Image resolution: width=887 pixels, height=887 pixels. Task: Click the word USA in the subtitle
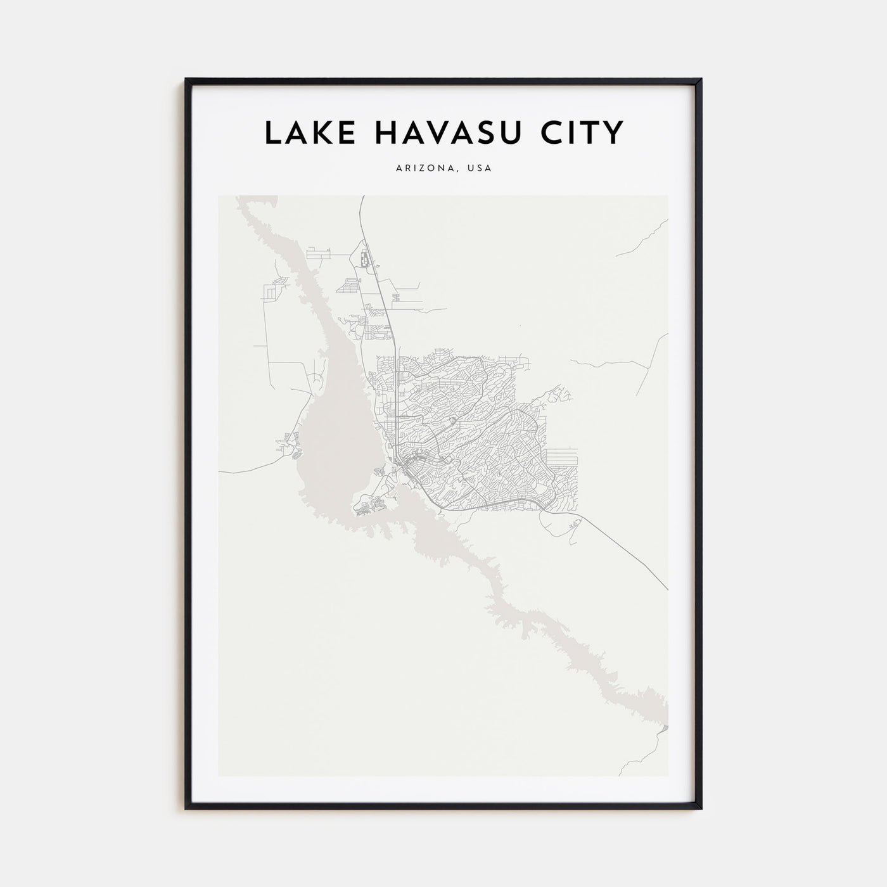coord(480,169)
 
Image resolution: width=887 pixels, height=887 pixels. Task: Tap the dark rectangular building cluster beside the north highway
coord(363,259)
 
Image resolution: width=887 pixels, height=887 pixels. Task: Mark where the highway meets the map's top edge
coord(361,197)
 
